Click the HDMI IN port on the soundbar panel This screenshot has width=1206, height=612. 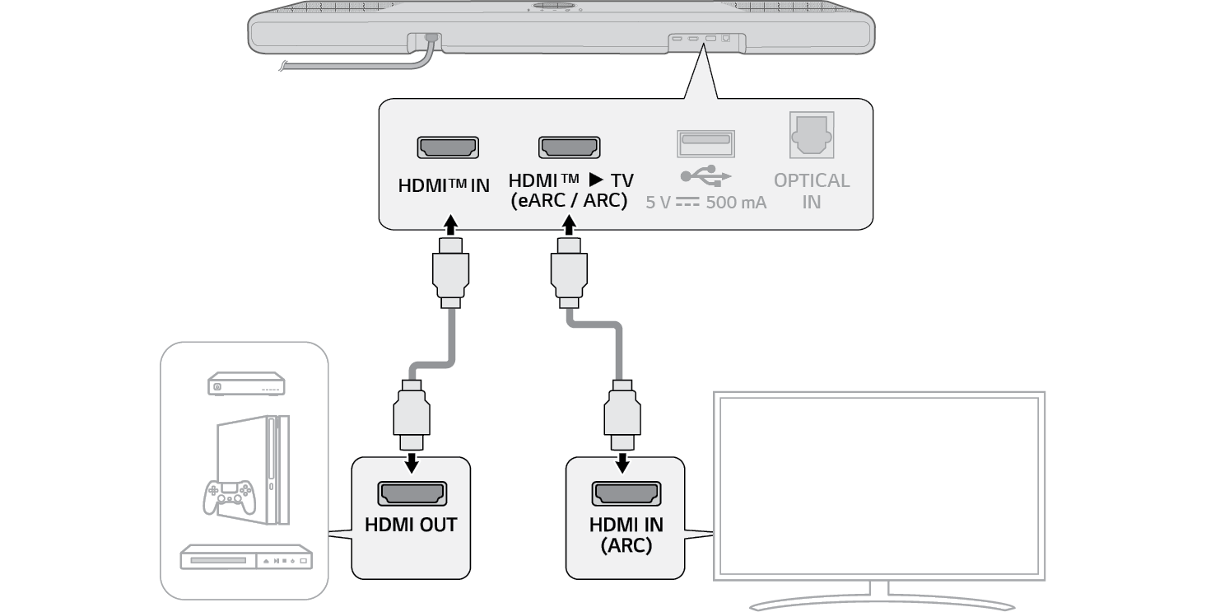pos(448,148)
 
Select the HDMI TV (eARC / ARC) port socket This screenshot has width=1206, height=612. pos(569,147)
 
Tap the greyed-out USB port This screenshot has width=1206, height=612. pos(705,143)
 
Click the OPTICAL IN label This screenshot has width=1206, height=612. pos(812,190)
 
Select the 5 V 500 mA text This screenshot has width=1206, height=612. pos(706,202)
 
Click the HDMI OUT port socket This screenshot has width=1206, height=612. pos(412,494)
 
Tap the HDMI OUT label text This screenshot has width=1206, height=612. pos(411,525)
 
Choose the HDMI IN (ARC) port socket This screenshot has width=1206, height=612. pos(626,493)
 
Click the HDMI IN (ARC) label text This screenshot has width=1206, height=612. pos(626,535)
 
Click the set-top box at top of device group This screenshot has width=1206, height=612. pos(245,384)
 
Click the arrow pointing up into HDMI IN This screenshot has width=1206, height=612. pos(449,225)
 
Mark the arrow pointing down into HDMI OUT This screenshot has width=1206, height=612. pos(412,462)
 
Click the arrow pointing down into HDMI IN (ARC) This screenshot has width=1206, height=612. pos(623,462)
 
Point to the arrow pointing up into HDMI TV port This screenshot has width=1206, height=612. pos(568,225)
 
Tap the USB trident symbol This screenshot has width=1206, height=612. pos(705,175)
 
